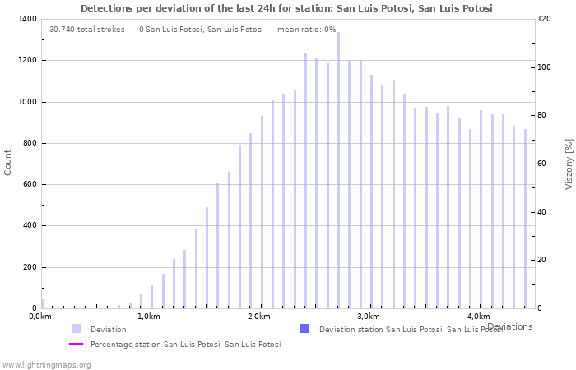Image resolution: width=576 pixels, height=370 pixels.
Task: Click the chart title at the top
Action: pyautogui.click(x=286, y=8)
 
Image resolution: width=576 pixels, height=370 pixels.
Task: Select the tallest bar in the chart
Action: pyautogui.click(x=338, y=170)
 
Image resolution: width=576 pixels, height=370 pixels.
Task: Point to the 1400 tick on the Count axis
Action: pyautogui.click(x=26, y=19)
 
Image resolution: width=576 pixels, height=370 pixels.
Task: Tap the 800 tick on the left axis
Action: pyautogui.click(x=29, y=143)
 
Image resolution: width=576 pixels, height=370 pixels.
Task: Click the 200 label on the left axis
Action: pyautogui.click(x=29, y=267)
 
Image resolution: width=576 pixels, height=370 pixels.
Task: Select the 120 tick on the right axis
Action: pyautogui.click(x=544, y=19)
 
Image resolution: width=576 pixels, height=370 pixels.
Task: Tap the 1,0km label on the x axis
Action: pyautogui.click(x=149, y=317)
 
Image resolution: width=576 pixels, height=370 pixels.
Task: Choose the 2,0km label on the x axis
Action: pyautogui.click(x=258, y=317)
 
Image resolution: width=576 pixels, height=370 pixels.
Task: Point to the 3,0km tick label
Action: pyautogui.click(x=369, y=317)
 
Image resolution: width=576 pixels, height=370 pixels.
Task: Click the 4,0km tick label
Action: pyautogui.click(x=478, y=317)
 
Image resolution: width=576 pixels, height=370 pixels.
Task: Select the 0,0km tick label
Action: pyautogui.click(x=40, y=317)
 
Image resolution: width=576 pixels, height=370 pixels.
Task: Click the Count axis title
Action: pyautogui.click(x=8, y=162)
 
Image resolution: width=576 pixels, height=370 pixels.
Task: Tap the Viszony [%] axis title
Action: pyautogui.click(x=569, y=164)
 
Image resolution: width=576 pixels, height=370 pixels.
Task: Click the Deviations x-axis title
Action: pyautogui.click(x=509, y=326)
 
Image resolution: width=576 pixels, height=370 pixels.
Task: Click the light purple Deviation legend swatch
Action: pyautogui.click(x=76, y=329)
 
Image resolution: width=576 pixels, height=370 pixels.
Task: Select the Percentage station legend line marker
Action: pyautogui.click(x=76, y=345)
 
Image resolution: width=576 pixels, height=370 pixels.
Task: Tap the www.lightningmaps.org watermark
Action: pyautogui.click(x=47, y=364)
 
